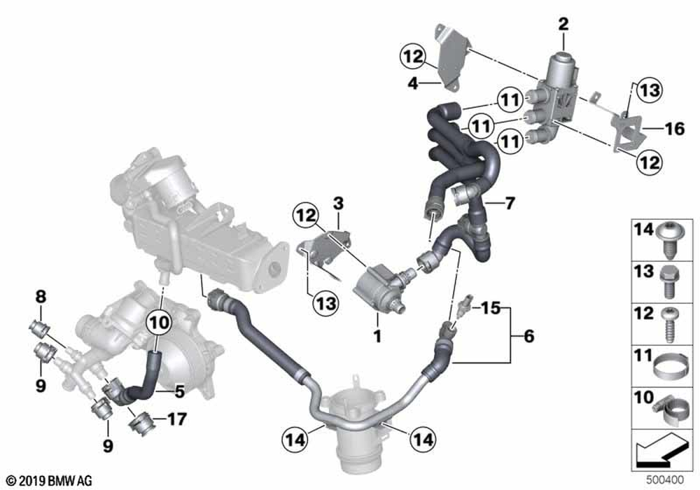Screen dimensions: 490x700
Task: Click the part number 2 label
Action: point(564,25)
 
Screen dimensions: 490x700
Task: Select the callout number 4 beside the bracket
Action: point(412,83)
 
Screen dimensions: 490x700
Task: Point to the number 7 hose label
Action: point(510,204)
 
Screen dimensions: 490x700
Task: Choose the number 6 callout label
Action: point(528,337)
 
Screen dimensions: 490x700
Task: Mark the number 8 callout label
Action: point(40,297)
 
